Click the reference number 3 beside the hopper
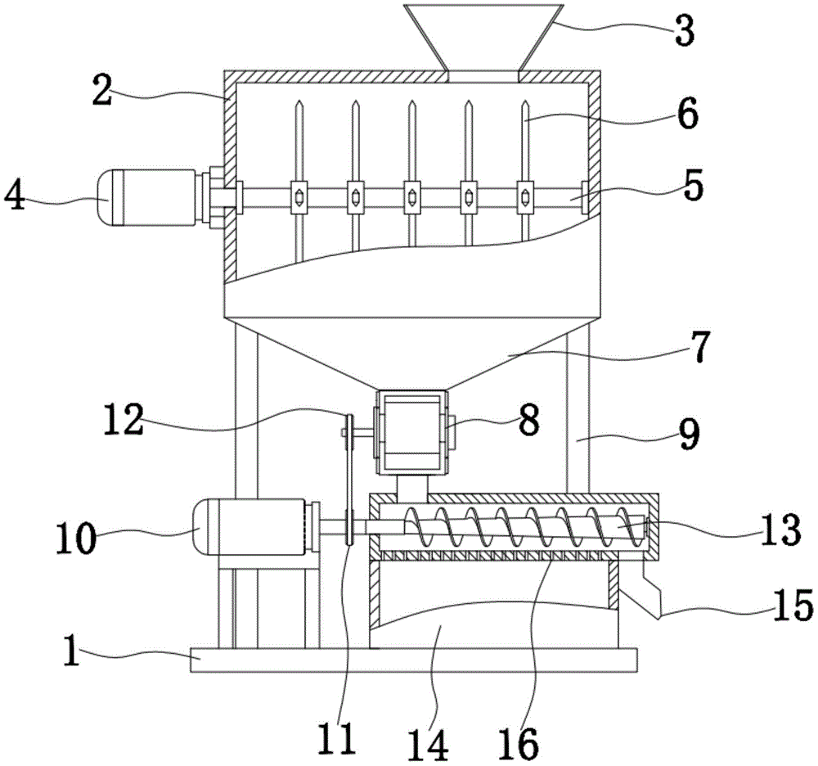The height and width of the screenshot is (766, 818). (684, 30)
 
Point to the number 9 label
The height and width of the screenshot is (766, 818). (689, 434)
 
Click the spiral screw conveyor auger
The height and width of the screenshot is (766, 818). (524, 526)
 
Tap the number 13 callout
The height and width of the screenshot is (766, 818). (780, 529)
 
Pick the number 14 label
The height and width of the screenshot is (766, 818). (429, 745)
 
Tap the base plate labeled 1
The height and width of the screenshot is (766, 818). (413, 660)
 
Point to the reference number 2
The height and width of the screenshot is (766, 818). (102, 90)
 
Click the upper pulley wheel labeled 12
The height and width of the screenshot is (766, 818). (348, 432)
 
